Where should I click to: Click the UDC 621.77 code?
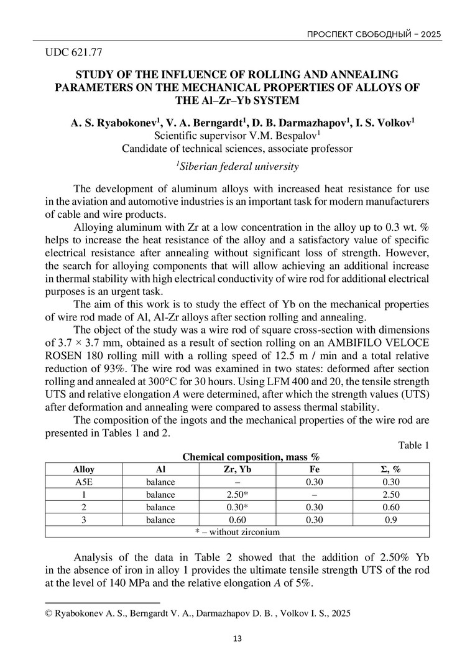(74, 52)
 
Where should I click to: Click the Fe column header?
(315, 469)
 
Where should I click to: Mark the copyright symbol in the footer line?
(50, 613)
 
